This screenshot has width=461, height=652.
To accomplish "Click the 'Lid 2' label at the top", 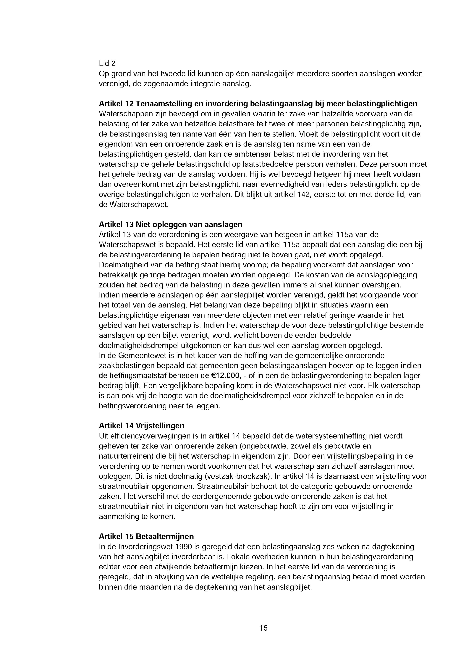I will click(x=107, y=63).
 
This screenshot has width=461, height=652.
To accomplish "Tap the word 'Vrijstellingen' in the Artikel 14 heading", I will click(x=160, y=426).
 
